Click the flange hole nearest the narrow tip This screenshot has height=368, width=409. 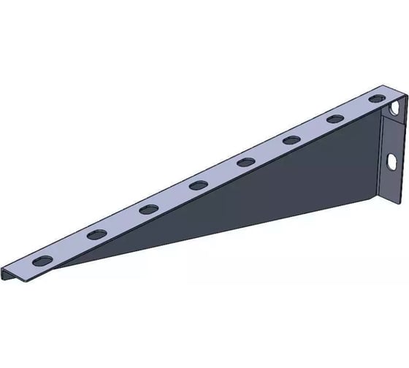[x=43, y=260]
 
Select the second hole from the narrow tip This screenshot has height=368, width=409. [x=96, y=234]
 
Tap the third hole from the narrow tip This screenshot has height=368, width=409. [x=148, y=209]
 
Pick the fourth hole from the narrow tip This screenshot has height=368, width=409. [x=198, y=185]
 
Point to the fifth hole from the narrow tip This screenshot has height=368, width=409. [x=246, y=161]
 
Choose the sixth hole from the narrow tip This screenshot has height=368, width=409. [x=291, y=139]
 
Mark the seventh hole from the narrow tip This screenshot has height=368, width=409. [x=335, y=118]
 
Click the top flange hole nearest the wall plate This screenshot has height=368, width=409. [x=376, y=98]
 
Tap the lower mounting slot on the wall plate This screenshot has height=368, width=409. [x=391, y=160]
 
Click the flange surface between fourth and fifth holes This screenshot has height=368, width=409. [x=222, y=173]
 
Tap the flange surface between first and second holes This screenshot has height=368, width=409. [x=70, y=247]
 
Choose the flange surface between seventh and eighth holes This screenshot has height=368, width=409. [x=356, y=108]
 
